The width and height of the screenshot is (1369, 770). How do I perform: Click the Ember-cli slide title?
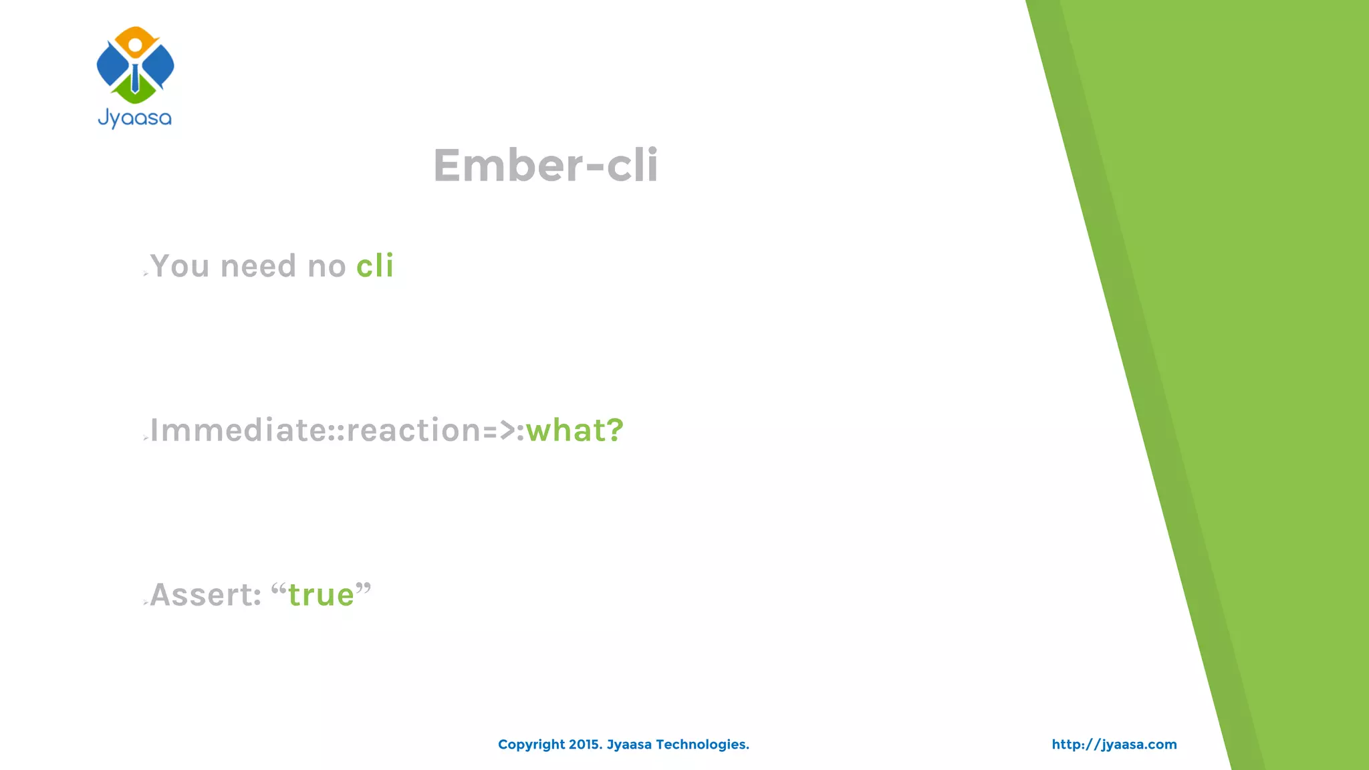(545, 165)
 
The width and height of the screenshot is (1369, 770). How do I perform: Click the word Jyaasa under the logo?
(135, 118)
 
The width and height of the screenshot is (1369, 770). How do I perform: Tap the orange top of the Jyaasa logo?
(136, 35)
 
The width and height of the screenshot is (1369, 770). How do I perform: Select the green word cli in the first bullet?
(375, 266)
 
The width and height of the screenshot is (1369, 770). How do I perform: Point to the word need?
(258, 266)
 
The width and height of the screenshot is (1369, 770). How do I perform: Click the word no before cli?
(326, 266)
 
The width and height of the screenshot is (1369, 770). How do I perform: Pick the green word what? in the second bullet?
(575, 430)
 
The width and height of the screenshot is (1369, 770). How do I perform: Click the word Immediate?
(238, 430)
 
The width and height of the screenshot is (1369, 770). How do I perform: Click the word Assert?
(205, 595)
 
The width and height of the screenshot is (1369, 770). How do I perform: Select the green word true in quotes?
(321, 595)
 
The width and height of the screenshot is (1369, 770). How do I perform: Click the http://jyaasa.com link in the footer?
(1114, 745)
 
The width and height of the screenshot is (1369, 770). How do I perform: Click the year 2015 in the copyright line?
(584, 745)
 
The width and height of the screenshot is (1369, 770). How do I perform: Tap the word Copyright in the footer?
(531, 745)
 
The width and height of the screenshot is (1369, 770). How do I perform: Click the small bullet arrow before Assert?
(146, 603)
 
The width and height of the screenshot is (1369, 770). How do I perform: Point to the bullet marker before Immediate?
(146, 438)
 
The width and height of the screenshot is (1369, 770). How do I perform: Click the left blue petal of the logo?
(111, 66)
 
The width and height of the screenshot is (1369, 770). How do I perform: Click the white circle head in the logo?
(135, 45)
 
